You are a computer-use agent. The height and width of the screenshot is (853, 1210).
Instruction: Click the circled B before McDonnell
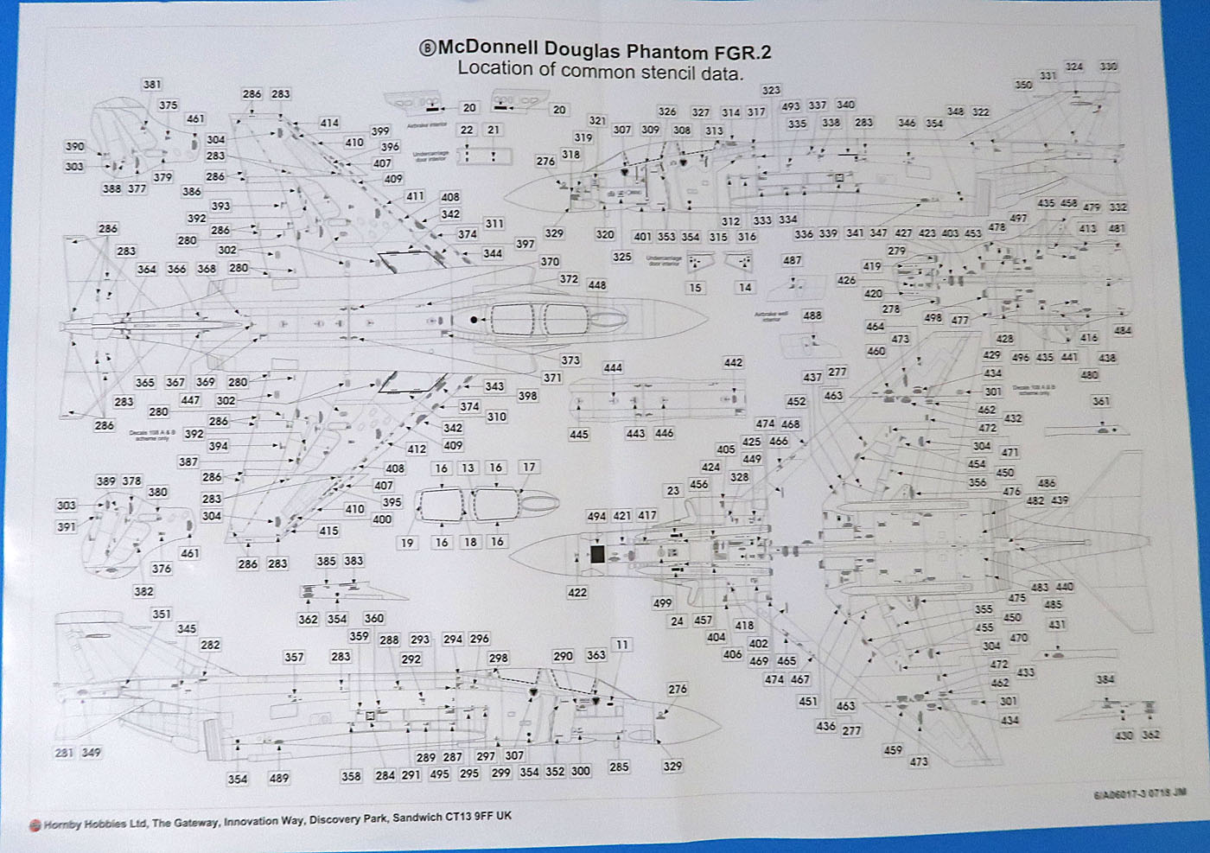point(427,50)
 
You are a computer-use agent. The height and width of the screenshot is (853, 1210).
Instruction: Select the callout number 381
point(152,85)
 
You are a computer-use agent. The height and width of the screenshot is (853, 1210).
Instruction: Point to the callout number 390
point(75,147)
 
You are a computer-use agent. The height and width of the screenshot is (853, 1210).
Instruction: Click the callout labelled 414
point(329,123)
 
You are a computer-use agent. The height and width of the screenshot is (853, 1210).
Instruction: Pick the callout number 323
point(771,90)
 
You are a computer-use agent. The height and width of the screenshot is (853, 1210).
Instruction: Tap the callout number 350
point(1023,85)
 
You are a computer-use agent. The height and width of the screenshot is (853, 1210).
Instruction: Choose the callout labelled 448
point(596,285)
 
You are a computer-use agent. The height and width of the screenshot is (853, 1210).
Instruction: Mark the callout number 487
point(792,260)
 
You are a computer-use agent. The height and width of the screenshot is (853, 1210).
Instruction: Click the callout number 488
point(812,315)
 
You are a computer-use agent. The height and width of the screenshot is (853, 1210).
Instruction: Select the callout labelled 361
point(1101,401)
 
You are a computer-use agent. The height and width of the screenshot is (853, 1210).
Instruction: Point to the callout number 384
point(1105,679)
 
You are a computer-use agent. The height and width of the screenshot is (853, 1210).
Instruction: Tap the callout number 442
point(734,363)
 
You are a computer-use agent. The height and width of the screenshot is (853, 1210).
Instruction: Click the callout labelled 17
point(529,468)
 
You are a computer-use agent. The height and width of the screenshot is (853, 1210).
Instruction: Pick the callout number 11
point(622,645)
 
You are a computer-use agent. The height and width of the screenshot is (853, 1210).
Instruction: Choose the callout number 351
point(162,614)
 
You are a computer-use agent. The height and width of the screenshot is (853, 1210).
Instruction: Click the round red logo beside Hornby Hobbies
point(35,825)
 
